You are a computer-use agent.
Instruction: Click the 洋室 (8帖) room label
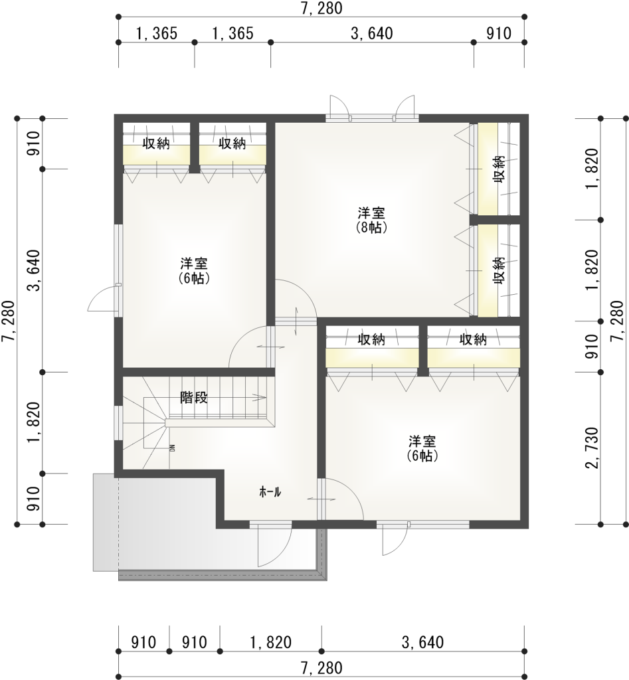(x=372, y=220)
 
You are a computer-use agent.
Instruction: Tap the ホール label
(x=270, y=492)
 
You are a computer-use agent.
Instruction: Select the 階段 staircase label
(x=195, y=398)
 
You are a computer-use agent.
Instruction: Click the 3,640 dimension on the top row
(x=372, y=34)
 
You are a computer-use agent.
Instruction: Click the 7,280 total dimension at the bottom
(x=321, y=667)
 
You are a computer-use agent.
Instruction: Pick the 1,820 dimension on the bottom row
(x=270, y=642)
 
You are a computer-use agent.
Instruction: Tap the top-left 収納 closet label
(x=157, y=143)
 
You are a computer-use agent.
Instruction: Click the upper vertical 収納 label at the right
(x=499, y=169)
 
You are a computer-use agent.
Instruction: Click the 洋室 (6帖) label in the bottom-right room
(x=422, y=448)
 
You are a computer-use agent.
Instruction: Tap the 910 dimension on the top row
(x=499, y=34)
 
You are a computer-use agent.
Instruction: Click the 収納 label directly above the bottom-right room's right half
(x=473, y=339)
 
